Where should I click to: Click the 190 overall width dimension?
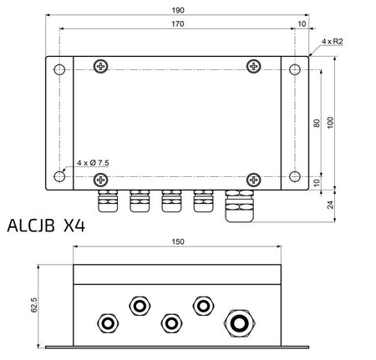click(178, 10)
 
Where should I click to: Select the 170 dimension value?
click(178, 24)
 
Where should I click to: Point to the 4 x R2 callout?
click(333, 42)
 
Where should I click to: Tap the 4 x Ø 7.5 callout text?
click(93, 163)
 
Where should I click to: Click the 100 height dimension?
click(330, 123)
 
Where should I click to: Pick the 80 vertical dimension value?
click(317, 123)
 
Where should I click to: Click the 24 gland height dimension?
click(330, 205)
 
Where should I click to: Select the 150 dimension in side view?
click(178, 241)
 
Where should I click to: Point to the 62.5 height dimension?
click(33, 305)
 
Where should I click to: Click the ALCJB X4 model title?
click(46, 226)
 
